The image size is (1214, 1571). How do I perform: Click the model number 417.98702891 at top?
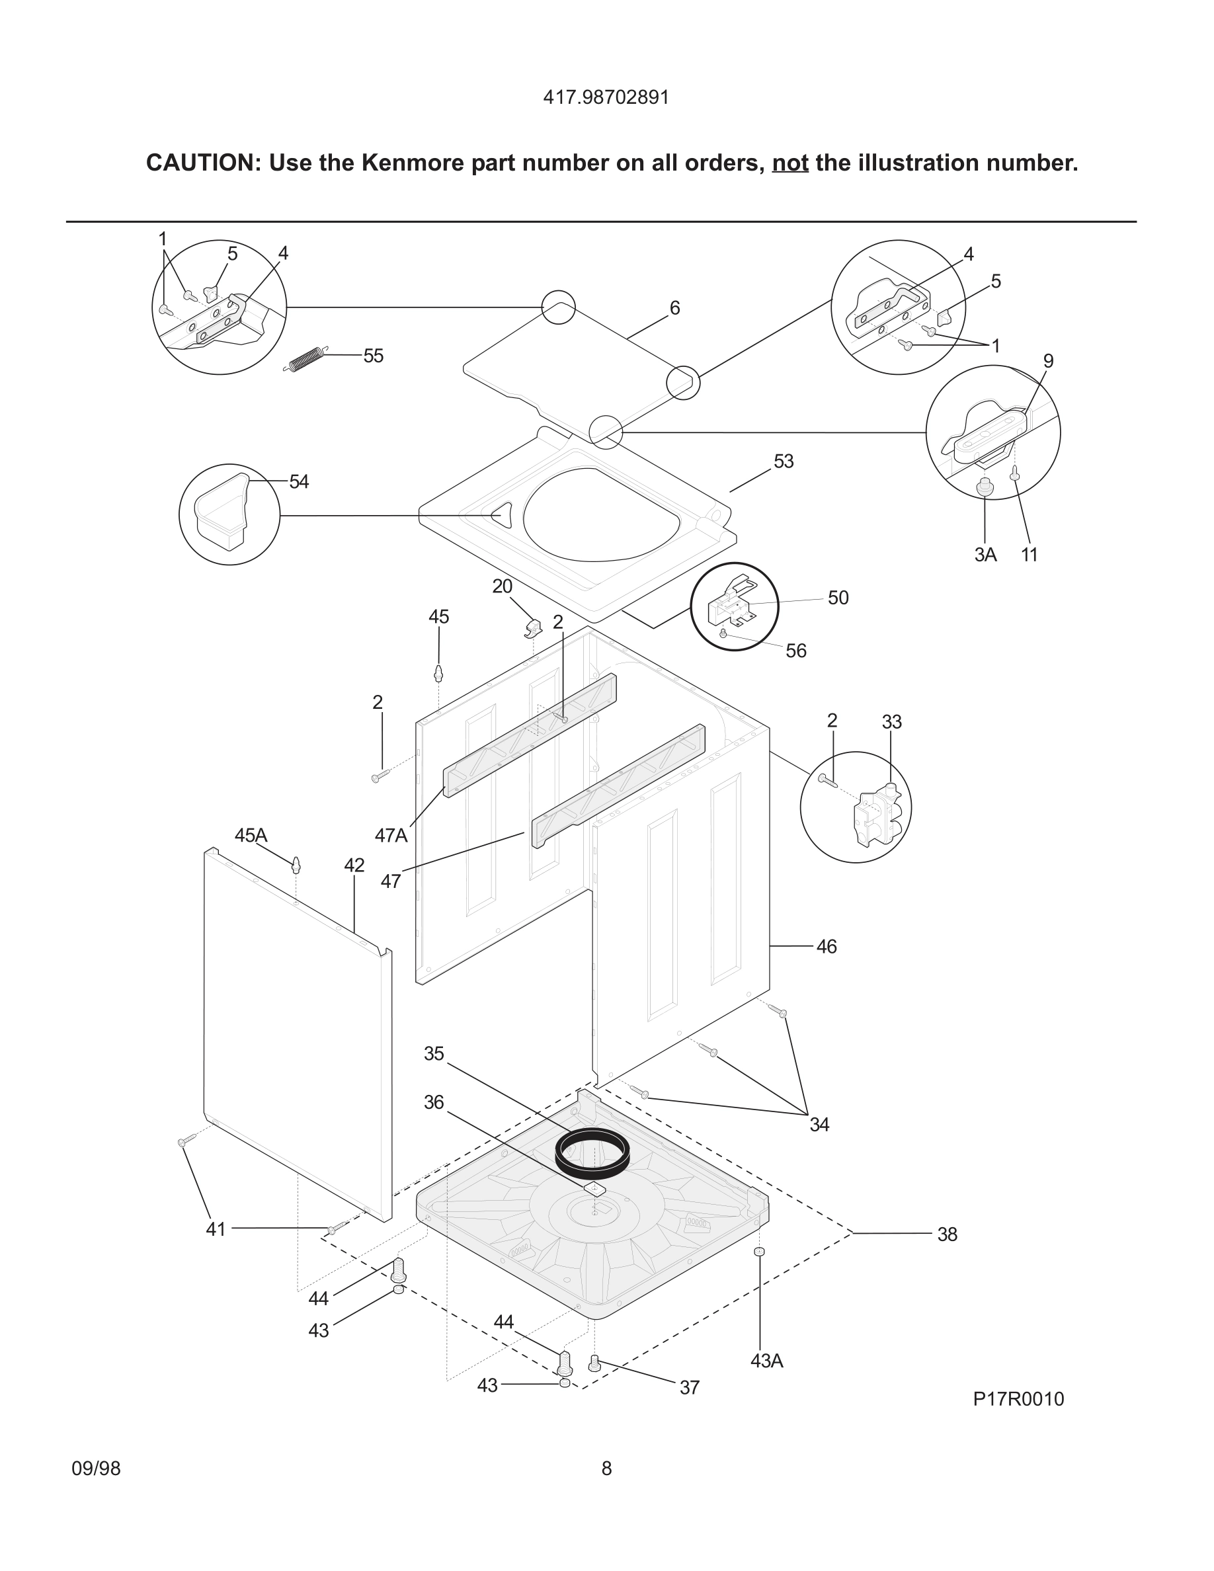point(606,97)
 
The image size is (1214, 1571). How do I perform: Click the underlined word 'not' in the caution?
point(789,163)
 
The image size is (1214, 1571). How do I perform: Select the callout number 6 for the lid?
point(674,308)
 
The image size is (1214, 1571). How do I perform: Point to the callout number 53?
point(783,461)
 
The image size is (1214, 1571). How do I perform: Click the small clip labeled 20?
point(532,627)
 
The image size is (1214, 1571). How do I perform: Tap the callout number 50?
point(838,598)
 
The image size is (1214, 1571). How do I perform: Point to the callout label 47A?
point(391,835)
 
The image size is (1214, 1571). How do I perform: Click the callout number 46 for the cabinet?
point(827,947)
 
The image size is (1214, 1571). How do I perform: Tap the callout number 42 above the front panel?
point(354,866)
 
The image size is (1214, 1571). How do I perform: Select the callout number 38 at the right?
point(946,1234)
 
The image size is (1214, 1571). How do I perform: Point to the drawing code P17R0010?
point(1018,1399)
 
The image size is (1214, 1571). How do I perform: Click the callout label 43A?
point(766,1361)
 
